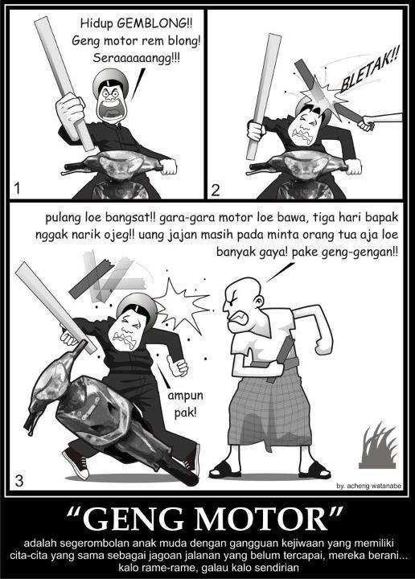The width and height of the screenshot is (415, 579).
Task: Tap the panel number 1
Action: click(16, 189)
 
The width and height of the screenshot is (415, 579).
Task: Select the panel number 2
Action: click(216, 189)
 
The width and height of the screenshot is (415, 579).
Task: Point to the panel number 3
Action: click(18, 480)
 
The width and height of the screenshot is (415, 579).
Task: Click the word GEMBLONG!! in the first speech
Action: click(154, 24)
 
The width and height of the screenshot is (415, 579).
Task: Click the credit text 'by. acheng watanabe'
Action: click(368, 486)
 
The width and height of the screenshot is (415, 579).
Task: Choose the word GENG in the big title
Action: click(135, 519)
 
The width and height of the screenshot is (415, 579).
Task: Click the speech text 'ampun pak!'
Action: click(185, 404)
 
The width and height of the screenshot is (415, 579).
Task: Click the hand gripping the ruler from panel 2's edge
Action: click(366, 123)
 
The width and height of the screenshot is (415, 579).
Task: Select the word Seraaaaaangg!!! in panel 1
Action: click(136, 58)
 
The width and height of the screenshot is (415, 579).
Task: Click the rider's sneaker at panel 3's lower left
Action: click(76, 464)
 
